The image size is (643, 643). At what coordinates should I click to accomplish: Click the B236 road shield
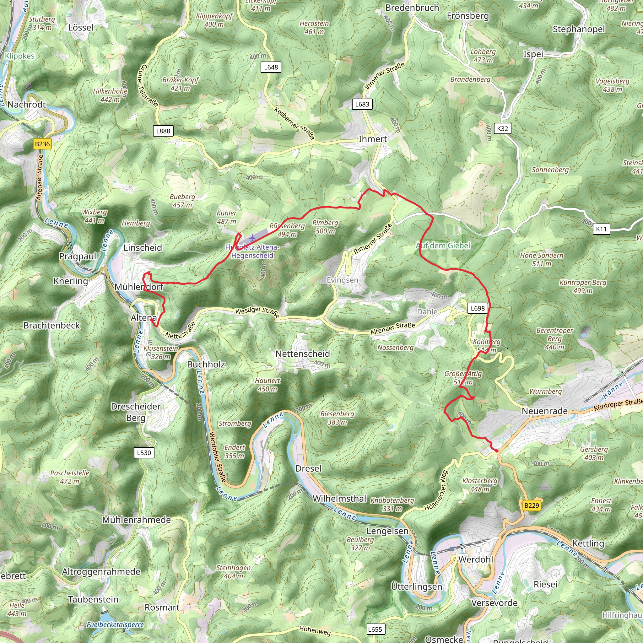click(x=42, y=144)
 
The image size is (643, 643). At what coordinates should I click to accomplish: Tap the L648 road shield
click(x=271, y=67)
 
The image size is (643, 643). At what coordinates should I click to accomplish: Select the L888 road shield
click(x=163, y=131)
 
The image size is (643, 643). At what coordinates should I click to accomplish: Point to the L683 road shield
click(x=362, y=104)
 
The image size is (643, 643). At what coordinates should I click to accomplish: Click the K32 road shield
click(x=502, y=128)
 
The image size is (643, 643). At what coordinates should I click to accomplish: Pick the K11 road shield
click(x=601, y=229)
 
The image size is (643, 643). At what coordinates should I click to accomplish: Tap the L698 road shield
click(x=478, y=308)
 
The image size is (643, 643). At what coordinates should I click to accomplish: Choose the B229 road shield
click(x=531, y=505)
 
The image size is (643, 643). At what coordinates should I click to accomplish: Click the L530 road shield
click(x=144, y=453)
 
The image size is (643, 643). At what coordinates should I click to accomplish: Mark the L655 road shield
click(x=375, y=629)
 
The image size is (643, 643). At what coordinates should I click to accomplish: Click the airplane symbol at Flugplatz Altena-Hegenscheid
click(x=253, y=238)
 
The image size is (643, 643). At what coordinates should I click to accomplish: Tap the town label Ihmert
click(x=373, y=139)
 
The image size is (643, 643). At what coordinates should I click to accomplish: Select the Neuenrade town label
click(x=544, y=411)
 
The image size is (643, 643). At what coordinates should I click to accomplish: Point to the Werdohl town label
click(x=476, y=559)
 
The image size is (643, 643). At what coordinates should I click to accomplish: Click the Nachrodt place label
click(x=27, y=105)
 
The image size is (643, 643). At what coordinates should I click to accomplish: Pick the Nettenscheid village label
click(x=303, y=354)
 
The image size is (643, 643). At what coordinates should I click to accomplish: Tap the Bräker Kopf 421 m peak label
click(x=181, y=84)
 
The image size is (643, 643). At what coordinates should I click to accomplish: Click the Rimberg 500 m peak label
click(x=325, y=227)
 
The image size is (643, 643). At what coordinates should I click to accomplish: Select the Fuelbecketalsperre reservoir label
click(x=115, y=625)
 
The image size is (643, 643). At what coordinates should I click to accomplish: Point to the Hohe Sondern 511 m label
click(x=542, y=260)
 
